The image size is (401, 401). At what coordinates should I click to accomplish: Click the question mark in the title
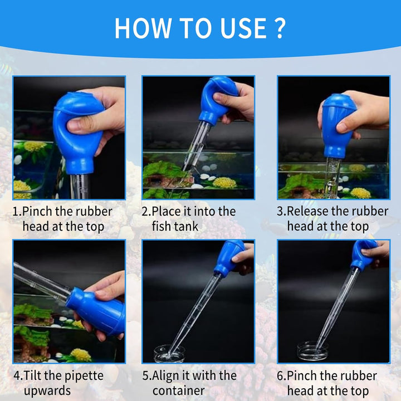point(280,28)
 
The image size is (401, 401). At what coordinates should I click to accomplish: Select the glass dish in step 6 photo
point(312,351)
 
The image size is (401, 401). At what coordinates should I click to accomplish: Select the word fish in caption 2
point(162,227)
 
